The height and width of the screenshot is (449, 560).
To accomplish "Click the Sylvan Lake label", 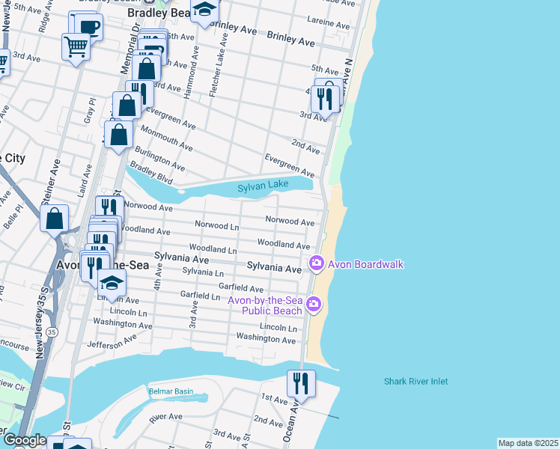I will pos(263,188).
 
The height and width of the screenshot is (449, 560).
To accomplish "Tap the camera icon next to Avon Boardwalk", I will pos(316,263).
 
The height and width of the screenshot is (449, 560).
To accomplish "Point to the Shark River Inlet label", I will pos(416,382).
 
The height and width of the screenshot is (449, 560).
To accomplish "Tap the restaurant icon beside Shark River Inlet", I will pos(301,384).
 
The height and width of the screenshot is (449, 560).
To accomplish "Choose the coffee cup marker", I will pos(89,27).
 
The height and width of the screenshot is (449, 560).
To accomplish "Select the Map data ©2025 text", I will pos(528,443).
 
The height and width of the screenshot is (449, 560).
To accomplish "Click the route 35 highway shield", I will pos(52,331).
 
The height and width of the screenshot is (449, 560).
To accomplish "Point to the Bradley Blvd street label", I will pos(151,177).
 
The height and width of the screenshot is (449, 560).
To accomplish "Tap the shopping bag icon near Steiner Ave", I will pos(55,219).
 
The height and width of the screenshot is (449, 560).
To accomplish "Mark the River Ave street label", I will pos(165,417).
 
